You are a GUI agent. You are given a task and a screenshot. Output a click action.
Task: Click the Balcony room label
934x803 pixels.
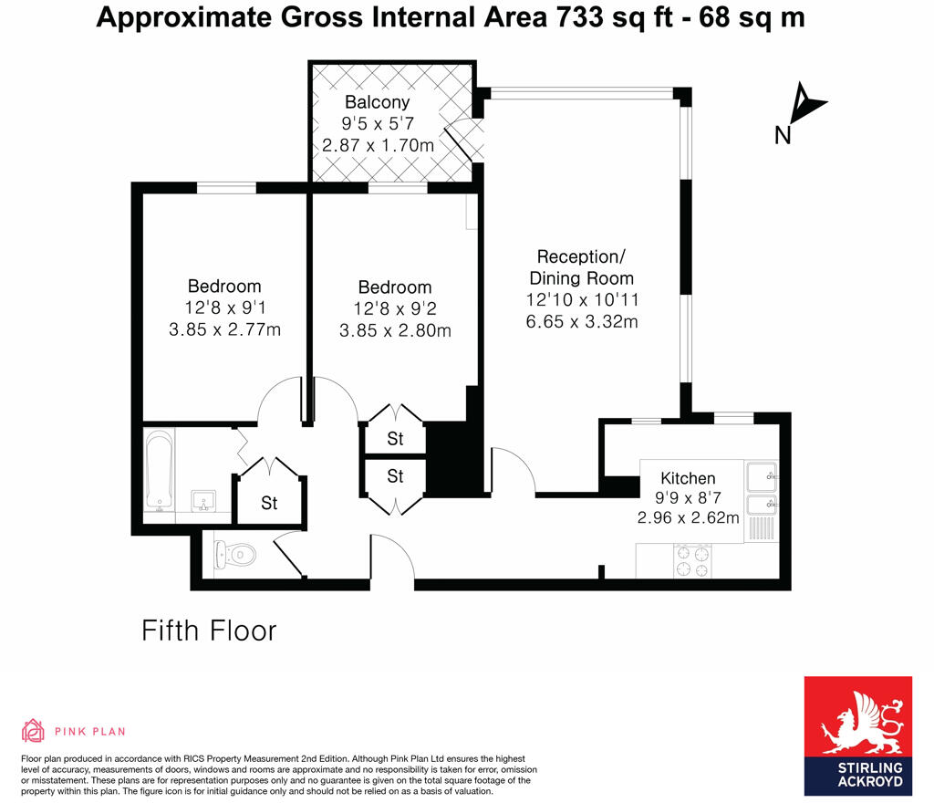(x=377, y=102)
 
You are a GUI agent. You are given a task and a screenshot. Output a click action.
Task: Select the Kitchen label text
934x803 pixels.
(x=688, y=478)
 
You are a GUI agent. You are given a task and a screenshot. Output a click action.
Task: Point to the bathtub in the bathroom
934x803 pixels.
(x=160, y=471)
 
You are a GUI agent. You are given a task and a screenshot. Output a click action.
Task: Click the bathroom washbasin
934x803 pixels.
(x=202, y=501)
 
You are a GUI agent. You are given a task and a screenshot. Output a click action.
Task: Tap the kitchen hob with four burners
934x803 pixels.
(x=690, y=561)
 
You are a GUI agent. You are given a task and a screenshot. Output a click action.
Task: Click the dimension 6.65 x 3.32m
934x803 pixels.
(x=581, y=321)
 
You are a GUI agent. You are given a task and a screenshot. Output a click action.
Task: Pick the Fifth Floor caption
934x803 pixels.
(x=209, y=631)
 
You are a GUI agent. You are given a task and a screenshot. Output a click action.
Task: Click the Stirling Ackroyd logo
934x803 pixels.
(x=857, y=735)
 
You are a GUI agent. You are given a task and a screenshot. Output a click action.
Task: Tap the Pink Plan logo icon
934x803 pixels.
(x=33, y=730)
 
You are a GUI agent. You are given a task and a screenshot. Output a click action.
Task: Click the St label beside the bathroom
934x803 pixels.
(x=269, y=503)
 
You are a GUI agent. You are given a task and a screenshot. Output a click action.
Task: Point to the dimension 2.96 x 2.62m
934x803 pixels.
(x=688, y=517)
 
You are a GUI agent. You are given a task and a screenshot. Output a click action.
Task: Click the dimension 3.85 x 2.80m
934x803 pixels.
(x=395, y=330)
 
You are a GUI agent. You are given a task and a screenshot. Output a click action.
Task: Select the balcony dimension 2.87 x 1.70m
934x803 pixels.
(x=378, y=145)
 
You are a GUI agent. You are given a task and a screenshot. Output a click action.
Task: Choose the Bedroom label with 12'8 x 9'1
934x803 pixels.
(x=224, y=287)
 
